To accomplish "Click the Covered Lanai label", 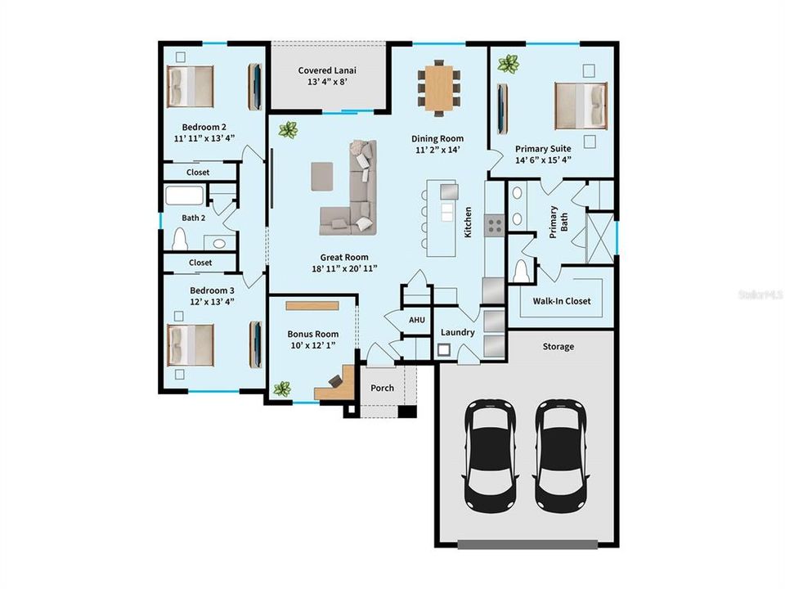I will point(327,70).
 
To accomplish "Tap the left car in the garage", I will point(490,454).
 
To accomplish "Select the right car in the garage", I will point(560,454).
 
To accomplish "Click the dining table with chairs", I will point(438,86).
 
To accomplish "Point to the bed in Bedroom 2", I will point(191,86).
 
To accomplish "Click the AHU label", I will point(416,320).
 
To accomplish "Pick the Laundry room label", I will point(457,332).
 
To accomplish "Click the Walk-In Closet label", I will point(562,301).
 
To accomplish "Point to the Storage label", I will point(558,346).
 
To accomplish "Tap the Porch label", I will point(382,388).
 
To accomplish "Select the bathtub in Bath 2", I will point(184,196).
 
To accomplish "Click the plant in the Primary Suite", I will point(509,64).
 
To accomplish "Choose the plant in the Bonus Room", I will point(282,389).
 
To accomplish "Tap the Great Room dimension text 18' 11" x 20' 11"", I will point(344,268).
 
